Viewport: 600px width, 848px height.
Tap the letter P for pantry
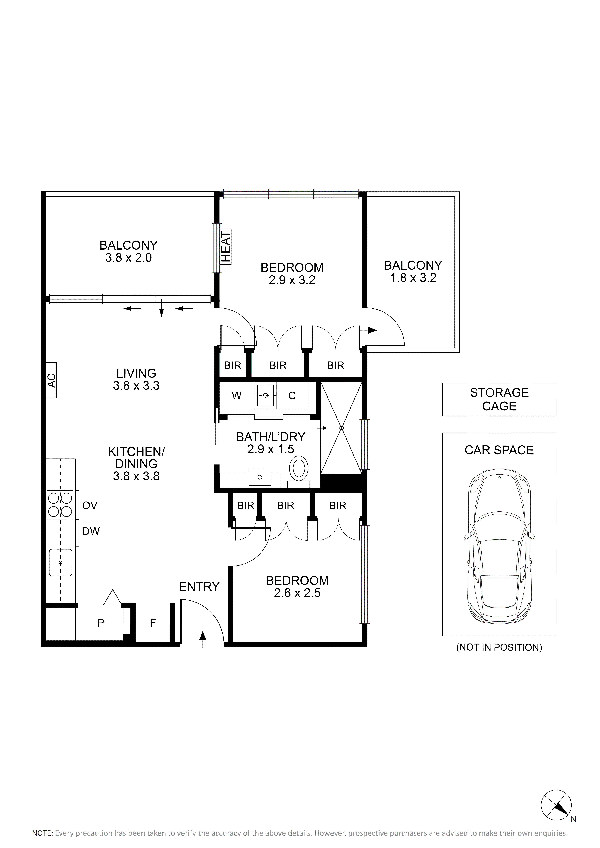[101, 623]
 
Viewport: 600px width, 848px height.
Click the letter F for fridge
[153, 623]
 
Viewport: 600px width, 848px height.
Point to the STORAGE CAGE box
[499, 399]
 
